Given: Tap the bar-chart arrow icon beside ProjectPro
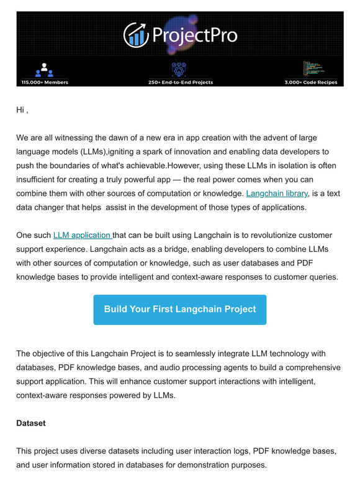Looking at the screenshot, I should tap(135, 34).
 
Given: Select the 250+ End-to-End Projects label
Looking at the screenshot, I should tap(181, 82).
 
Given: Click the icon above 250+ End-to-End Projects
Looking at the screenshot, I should tap(180, 68).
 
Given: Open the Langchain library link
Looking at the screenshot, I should tap(277, 193).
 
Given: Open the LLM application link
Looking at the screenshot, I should tap(83, 235).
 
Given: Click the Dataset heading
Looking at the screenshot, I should tap(31, 423).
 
